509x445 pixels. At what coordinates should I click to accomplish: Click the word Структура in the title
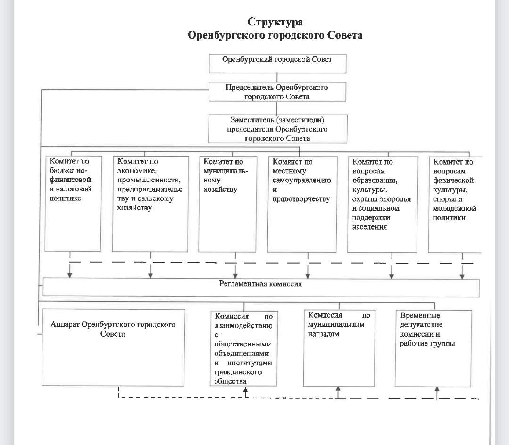275,22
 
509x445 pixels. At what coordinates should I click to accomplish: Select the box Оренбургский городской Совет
277,63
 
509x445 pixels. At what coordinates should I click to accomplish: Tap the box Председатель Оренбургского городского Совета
277,92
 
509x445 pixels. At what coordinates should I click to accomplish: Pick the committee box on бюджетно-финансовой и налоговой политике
73,204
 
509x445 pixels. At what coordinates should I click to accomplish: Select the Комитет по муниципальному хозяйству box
227,204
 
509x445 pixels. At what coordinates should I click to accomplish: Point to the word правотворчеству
301,199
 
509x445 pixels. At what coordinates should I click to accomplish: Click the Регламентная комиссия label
261,284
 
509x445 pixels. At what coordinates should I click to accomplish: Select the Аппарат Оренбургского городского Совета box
113,347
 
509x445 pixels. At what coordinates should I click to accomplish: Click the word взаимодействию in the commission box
243,326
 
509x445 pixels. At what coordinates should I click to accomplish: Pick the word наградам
324,334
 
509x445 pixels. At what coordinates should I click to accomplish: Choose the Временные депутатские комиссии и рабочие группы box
434,348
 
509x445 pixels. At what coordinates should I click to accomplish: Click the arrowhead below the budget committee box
69,275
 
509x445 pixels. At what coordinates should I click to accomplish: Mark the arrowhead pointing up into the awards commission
338,389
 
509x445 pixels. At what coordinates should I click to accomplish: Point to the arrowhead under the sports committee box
462,276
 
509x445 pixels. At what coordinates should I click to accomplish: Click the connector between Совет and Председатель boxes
277,77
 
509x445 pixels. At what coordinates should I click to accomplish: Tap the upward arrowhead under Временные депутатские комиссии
437,389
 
